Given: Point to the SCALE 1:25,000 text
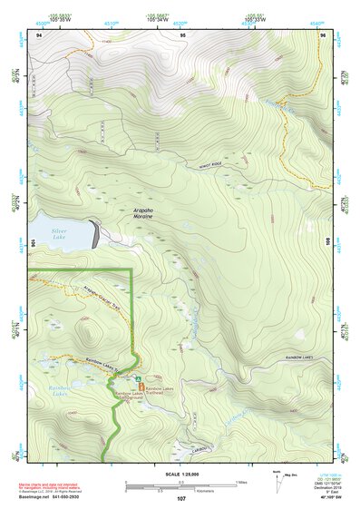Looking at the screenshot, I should tap(181, 474).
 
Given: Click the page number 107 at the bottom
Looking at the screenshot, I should tap(181, 498).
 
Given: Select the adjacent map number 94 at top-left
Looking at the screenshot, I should tap(39, 34).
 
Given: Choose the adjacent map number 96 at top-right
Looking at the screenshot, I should tap(323, 34).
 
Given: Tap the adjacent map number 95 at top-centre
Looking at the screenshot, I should tap(181, 34).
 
